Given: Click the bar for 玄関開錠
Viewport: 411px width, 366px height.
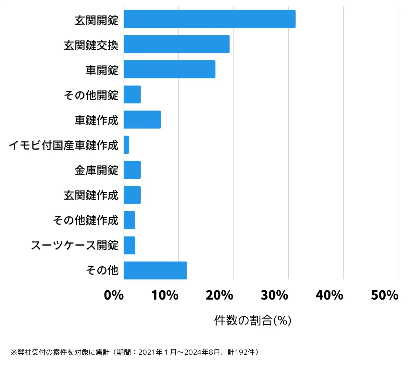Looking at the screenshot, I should (209, 19).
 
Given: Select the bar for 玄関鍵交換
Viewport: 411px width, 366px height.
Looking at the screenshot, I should (176, 44).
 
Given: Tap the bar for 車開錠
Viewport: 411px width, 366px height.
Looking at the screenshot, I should (169, 69).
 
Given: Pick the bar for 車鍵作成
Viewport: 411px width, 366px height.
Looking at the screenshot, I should (142, 119).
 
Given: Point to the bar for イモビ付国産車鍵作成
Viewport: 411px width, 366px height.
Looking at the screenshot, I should (126, 145).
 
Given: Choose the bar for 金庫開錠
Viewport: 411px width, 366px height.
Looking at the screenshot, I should (132, 170).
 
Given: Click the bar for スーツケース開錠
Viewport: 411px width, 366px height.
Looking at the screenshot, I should (129, 245).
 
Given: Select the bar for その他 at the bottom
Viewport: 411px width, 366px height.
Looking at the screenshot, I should (155, 270).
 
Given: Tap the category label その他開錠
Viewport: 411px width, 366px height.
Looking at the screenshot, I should (91, 95).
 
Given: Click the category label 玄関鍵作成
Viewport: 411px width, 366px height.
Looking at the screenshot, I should (91, 195).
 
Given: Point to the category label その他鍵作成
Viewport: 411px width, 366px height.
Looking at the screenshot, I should (85, 220).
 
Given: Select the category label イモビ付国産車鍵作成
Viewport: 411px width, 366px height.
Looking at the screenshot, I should (63, 145).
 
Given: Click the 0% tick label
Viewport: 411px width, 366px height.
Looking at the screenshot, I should (114, 295).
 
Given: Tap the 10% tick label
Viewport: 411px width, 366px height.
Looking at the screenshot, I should (165, 295).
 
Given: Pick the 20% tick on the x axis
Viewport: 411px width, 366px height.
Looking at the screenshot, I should (220, 295).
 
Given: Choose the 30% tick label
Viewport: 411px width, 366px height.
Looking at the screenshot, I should (274, 295).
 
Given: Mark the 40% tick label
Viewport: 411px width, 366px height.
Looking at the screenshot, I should (329, 295).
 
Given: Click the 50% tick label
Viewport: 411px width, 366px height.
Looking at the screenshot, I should (384, 295).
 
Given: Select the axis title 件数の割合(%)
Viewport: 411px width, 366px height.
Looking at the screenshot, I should (253, 320).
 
